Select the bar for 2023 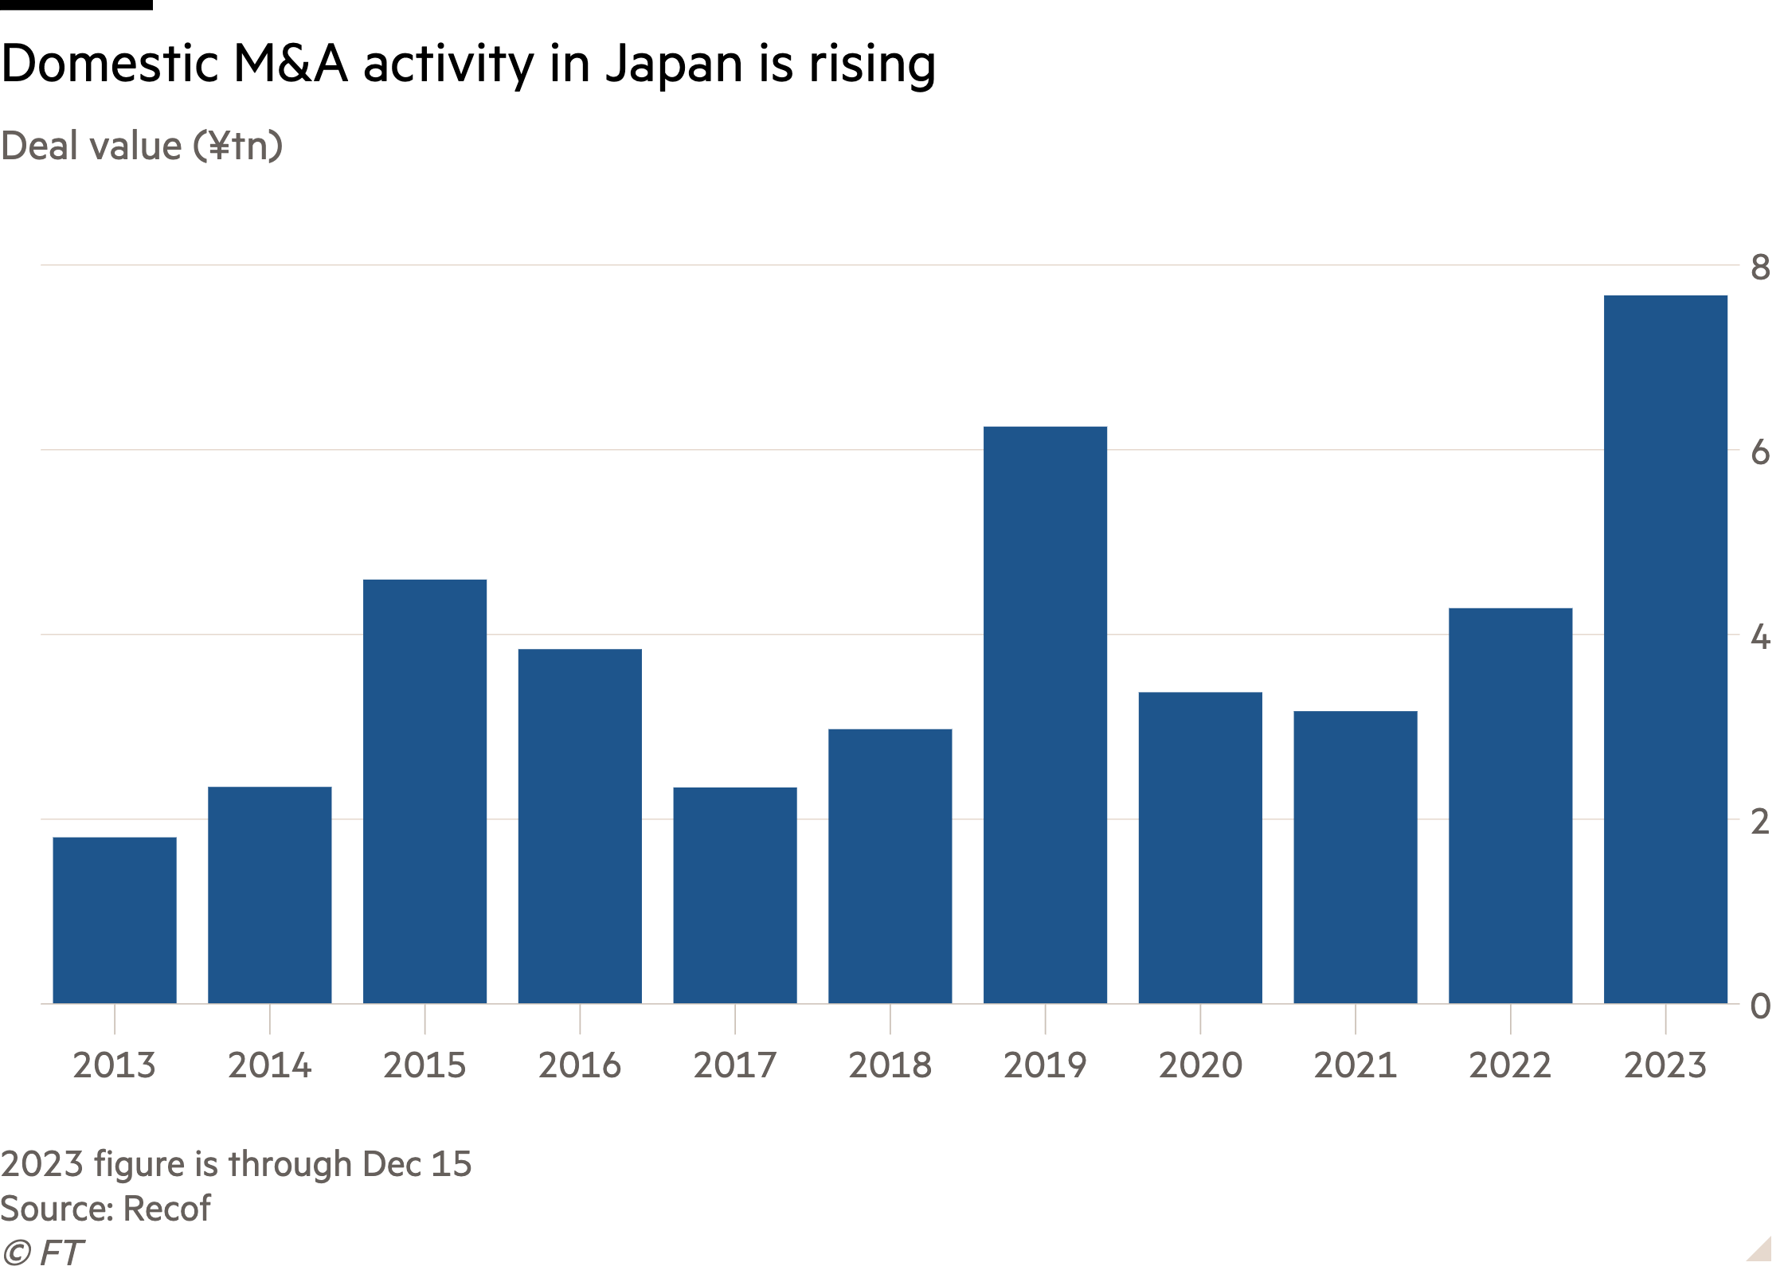coord(1665,649)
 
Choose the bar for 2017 coord(734,895)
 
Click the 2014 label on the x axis coord(269,1065)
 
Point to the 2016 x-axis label coord(579,1065)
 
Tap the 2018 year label coord(890,1065)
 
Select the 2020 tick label coord(1200,1065)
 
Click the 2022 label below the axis coord(1510,1065)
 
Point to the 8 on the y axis coord(1760,268)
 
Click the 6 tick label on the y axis coord(1760,452)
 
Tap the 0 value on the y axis coord(1760,1006)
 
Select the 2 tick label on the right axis coord(1760,822)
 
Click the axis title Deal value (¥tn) coord(142,147)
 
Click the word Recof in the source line coord(167,1209)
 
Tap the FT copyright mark coord(41,1253)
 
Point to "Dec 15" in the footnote coord(417,1164)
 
